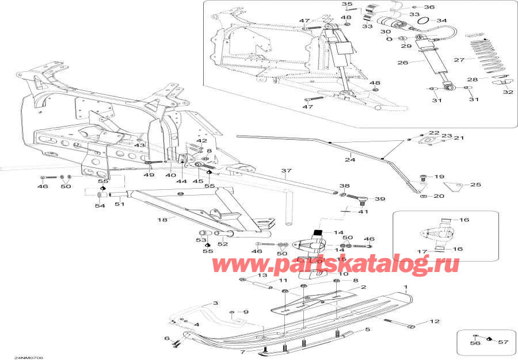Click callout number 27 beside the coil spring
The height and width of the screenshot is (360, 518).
click(x=459, y=60)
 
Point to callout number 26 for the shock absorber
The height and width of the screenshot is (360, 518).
click(x=403, y=63)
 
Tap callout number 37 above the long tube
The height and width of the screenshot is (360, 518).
click(x=287, y=171)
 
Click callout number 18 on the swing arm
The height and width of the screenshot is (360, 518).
click(x=162, y=220)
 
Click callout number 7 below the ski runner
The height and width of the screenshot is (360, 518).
click(x=243, y=351)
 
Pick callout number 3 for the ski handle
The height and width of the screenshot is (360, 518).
click(x=215, y=303)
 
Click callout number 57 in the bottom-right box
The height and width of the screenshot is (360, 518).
click(x=504, y=342)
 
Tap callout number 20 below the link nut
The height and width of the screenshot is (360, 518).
click(x=439, y=197)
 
